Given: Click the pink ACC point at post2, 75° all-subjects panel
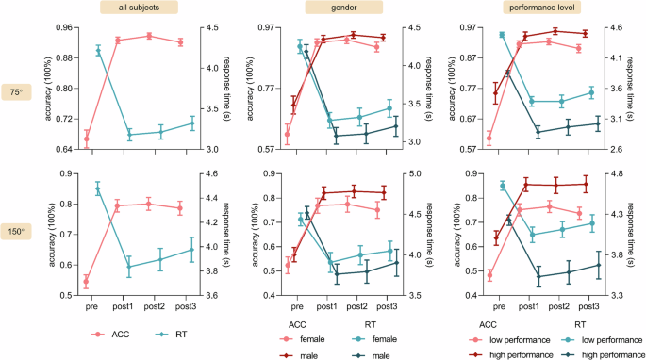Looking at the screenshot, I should [149, 36].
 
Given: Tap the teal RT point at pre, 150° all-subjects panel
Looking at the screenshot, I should [98, 189].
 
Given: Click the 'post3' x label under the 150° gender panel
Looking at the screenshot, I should [387, 307].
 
